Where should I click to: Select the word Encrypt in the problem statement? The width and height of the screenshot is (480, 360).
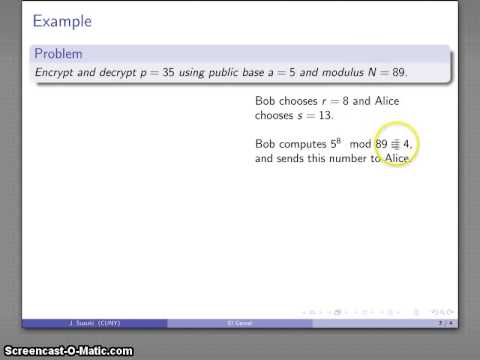tap(56, 73)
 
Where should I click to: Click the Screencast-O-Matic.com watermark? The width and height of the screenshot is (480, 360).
tap(68, 350)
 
